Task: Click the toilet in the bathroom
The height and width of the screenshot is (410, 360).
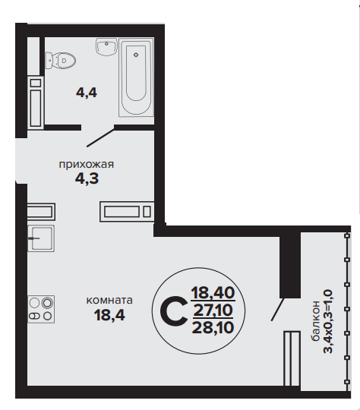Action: tap(61, 61)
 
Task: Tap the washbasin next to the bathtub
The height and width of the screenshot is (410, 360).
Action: tap(106, 47)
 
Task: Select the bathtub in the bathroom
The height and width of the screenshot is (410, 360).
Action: tap(136, 77)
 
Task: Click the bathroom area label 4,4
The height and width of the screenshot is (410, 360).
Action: tap(87, 93)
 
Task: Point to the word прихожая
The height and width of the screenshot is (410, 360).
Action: tap(87, 165)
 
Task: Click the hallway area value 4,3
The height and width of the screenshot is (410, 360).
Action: tap(87, 178)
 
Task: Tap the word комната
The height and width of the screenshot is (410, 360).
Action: tap(109, 300)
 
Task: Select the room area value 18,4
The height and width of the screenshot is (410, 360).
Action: tap(109, 315)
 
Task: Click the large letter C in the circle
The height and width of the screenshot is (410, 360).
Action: tap(173, 311)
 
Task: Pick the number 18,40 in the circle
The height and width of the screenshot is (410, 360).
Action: tap(213, 292)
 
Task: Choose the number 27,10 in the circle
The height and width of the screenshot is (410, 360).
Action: tap(213, 310)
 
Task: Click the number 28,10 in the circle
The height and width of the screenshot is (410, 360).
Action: tap(213, 327)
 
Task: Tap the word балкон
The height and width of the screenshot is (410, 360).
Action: tap(315, 321)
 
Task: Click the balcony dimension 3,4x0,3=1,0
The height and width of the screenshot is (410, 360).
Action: tap(328, 321)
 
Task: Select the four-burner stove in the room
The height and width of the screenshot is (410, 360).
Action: tap(41, 309)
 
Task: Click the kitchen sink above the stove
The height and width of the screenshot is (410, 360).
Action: tap(41, 238)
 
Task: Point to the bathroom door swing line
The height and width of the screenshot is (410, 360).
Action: tap(100, 136)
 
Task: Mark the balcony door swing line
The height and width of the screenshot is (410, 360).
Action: tap(277, 309)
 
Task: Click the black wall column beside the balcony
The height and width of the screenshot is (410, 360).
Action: tap(290, 265)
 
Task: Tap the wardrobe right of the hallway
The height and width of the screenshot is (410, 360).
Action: tap(127, 212)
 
